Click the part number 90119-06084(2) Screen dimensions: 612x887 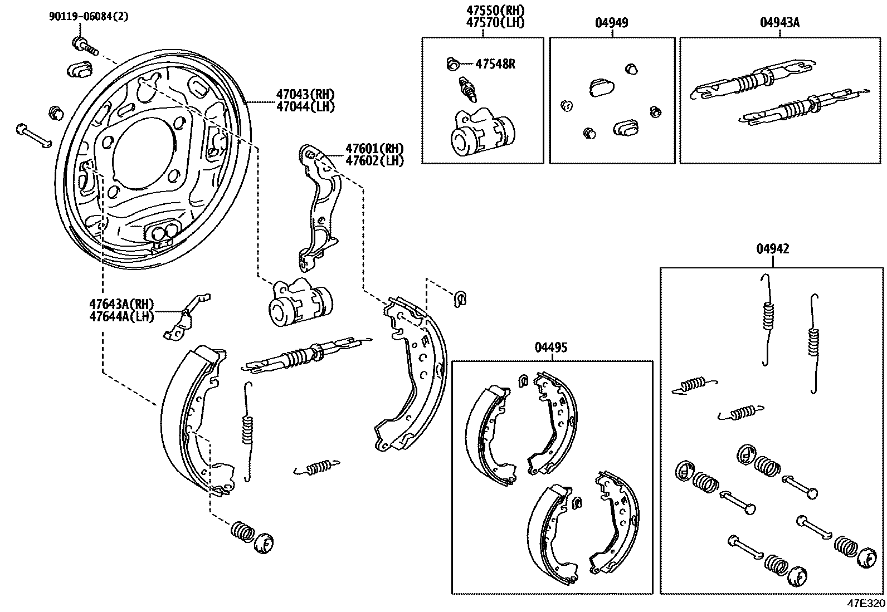click(x=88, y=16)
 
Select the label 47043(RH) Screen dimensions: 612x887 click(x=305, y=94)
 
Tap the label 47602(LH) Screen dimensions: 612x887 click(x=374, y=160)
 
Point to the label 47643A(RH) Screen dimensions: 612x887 click(x=121, y=304)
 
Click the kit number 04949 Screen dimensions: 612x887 click(x=611, y=23)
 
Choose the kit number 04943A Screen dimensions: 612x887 click(x=779, y=23)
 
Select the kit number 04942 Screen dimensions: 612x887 click(x=772, y=249)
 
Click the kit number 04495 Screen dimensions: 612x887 click(x=550, y=348)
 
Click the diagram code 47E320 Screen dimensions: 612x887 click(x=865, y=604)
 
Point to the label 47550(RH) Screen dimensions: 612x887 click(x=496, y=10)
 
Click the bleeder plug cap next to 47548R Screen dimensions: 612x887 click(x=452, y=64)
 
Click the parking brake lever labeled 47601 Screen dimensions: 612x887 click(x=319, y=206)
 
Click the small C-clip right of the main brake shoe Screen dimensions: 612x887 click(x=460, y=298)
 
